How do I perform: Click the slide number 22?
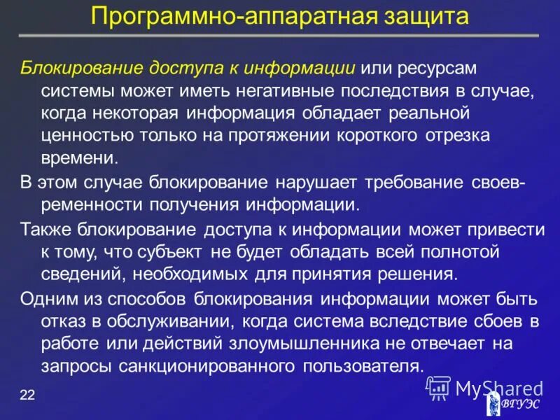pyautogui.click(x=27, y=395)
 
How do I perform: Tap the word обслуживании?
pyautogui.click(x=164, y=321)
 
